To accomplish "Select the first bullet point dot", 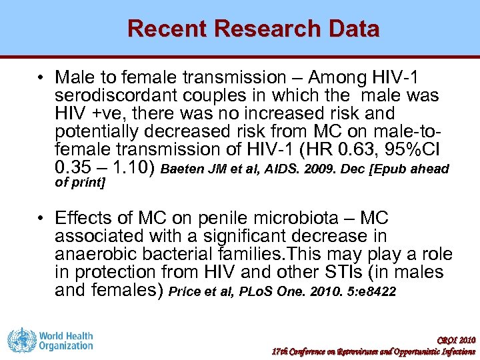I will pos(41,79).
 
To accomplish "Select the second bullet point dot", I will pos(41,219).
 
